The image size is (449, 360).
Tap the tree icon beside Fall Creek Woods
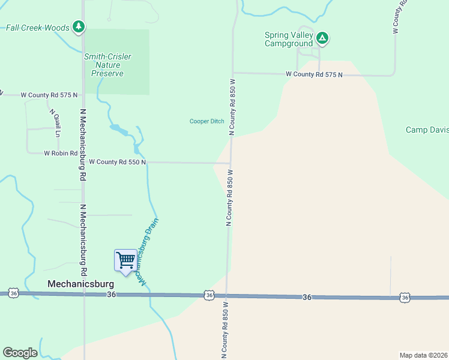[78, 26]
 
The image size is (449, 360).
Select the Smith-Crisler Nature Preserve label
[107, 65]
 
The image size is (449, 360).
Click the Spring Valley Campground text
[289, 39]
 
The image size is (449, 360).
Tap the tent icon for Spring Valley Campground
[322, 39]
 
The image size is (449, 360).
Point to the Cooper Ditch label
[206, 121]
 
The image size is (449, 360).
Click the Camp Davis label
[427, 130]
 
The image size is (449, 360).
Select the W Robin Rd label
[61, 153]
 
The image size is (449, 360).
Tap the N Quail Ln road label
[53, 122]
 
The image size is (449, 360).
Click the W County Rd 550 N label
[118, 162]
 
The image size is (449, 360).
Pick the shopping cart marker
[125, 260]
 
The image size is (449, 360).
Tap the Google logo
[20, 353]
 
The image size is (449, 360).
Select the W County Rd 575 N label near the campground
[314, 74]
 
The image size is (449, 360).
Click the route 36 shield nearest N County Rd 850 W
[208, 295]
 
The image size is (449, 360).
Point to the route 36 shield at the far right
[405, 298]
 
